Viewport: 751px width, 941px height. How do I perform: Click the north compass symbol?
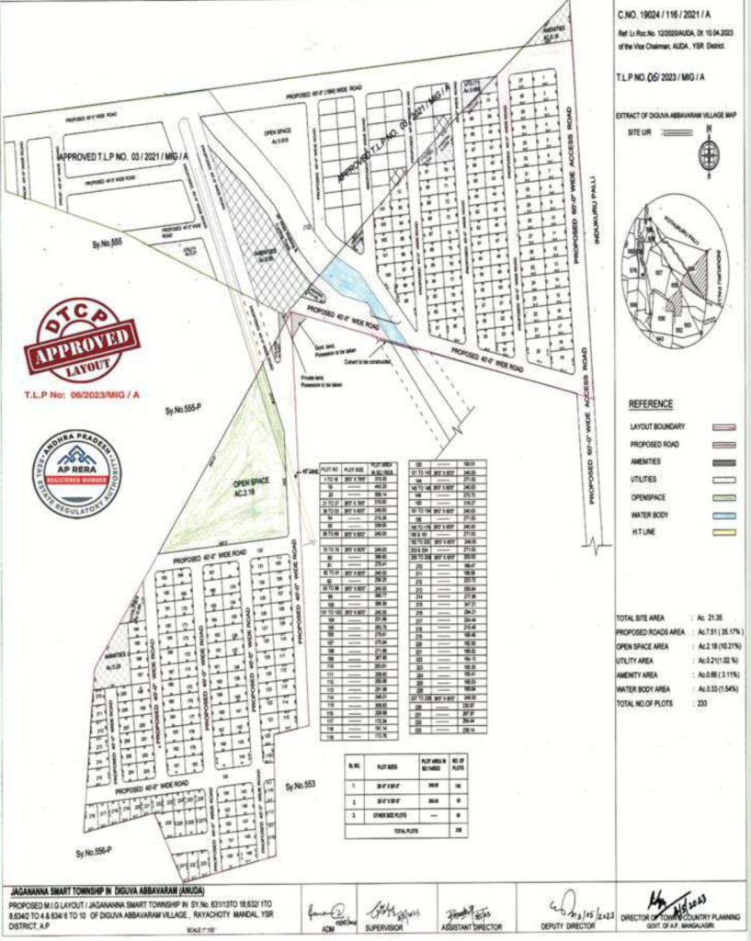pyautogui.click(x=708, y=153)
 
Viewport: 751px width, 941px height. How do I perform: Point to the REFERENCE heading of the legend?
pyautogui.click(x=650, y=404)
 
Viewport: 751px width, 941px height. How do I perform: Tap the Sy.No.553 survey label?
pyautogui.click(x=301, y=786)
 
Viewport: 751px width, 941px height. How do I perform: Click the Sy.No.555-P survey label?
pyautogui.click(x=183, y=410)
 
